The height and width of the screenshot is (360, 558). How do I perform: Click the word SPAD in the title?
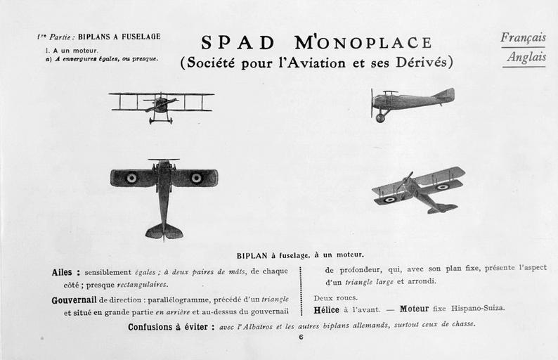pos(238,43)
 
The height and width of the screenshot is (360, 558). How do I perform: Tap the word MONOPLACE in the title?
pos(363,43)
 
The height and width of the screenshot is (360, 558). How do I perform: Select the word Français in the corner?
pos(524,38)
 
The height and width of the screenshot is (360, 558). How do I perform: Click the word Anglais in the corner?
pos(526,58)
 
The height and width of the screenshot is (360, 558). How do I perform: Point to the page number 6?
pos(301,337)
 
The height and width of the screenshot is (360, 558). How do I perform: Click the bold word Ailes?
pos(66,272)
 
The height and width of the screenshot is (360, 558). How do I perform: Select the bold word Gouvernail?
pos(74,300)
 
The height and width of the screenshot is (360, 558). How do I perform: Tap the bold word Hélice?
pos(326,309)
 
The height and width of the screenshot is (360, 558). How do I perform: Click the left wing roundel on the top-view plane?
pos(131,178)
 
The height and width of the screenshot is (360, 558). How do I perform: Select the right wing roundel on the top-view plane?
pos(196,178)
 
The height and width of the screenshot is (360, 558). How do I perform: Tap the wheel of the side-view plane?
pos(380,118)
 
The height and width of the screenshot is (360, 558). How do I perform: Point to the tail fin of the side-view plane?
pos(445,95)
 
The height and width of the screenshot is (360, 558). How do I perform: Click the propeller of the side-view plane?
pos(372,103)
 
